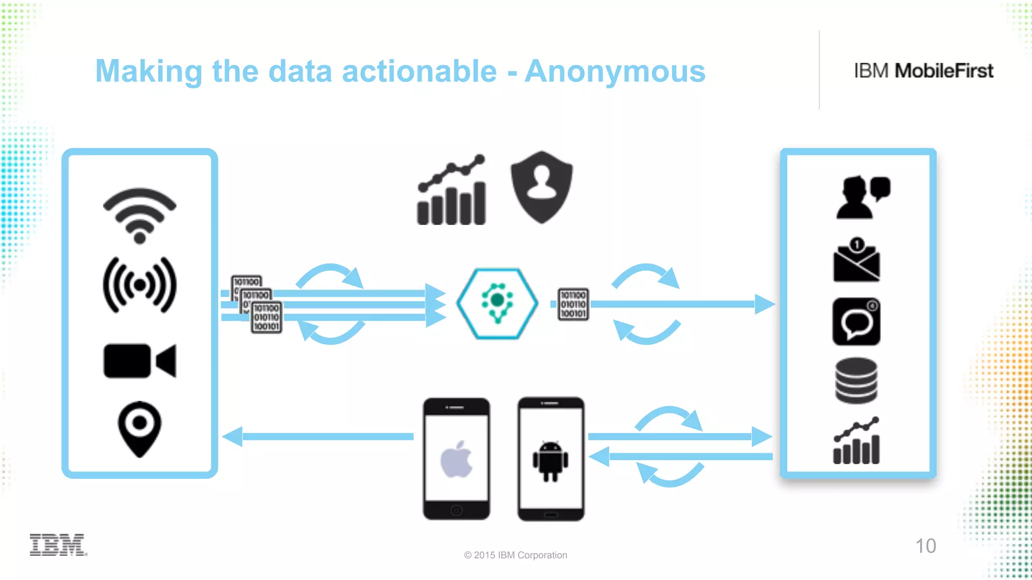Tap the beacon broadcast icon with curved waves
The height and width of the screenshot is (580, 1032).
[140, 285]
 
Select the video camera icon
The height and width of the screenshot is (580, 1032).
[140, 360]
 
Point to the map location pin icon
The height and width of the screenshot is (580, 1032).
[140, 428]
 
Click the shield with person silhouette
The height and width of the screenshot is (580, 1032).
[542, 186]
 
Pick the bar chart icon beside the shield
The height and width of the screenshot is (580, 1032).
[451, 191]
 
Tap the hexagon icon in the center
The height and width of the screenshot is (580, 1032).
[497, 304]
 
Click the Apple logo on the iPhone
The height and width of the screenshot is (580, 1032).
[457, 459]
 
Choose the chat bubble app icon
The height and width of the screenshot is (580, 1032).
[856, 322]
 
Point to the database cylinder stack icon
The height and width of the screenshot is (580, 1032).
[856, 381]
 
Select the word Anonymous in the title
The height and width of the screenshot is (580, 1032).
[615, 71]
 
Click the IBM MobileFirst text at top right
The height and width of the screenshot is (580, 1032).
[923, 71]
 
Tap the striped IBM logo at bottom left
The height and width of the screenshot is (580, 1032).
[57, 545]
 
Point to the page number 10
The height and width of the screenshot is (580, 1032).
[925, 546]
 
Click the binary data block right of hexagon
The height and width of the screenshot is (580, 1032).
[573, 304]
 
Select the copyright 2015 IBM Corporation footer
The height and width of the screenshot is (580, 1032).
[515, 555]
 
